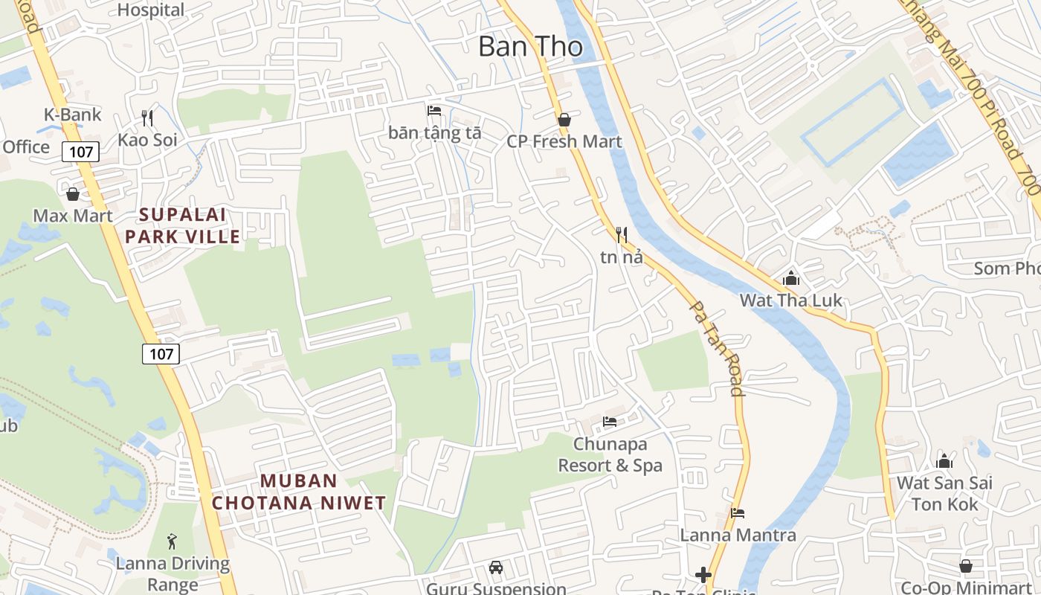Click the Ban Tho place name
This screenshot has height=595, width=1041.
[x=530, y=46]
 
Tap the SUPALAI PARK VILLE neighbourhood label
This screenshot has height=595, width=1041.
[x=183, y=226]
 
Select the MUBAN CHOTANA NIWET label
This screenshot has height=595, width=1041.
[x=299, y=492]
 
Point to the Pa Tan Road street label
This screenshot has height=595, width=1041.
[x=716, y=347]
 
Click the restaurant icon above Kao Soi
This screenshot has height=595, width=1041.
[x=147, y=118]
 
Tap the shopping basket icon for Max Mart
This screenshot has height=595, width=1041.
[x=73, y=194]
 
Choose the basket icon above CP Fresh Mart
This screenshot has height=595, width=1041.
[x=564, y=119]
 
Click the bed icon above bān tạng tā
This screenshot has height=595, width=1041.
[x=434, y=111]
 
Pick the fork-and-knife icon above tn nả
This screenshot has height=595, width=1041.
[x=622, y=235]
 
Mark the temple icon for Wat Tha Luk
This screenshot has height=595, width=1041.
[x=790, y=278]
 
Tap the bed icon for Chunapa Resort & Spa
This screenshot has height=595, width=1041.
[x=610, y=422]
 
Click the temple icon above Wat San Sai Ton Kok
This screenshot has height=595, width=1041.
[x=944, y=460]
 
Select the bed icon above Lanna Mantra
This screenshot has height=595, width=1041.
[x=738, y=512]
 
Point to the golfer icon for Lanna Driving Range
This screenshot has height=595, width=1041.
[x=173, y=541]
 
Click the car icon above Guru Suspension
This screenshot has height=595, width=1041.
[x=495, y=567]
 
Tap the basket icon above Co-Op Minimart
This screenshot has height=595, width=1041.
[x=965, y=566]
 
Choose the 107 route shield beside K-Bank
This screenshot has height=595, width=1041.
[x=80, y=152]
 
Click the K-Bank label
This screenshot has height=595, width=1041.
[x=73, y=115]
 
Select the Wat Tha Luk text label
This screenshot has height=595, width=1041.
[x=790, y=300]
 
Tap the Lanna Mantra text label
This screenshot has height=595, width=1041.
[x=738, y=535]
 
